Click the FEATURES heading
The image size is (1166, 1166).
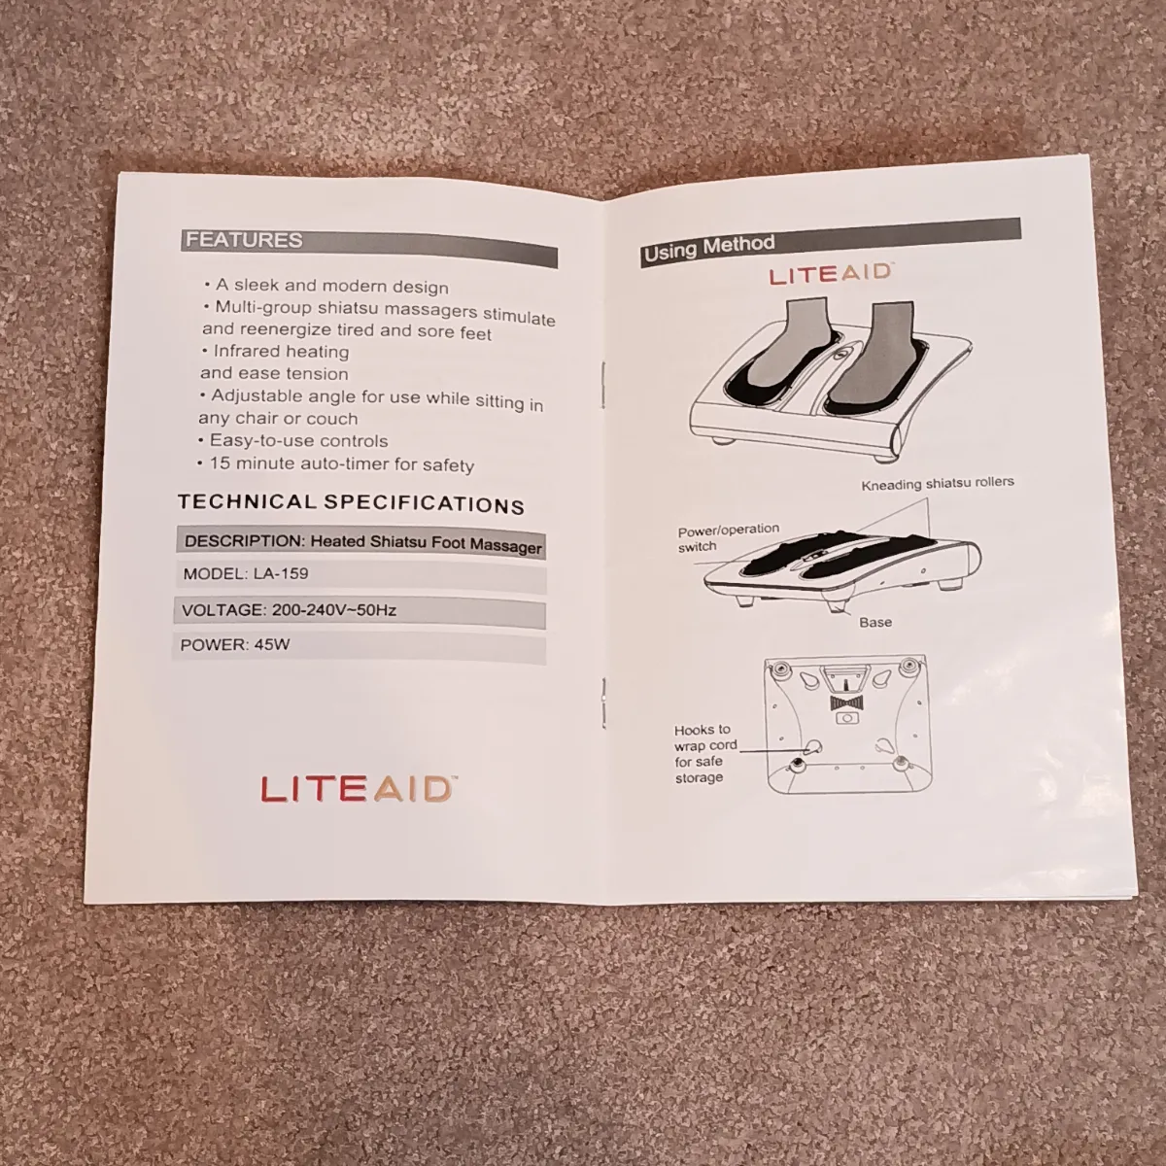(244, 240)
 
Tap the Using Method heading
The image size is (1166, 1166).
(709, 248)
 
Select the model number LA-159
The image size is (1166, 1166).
(281, 573)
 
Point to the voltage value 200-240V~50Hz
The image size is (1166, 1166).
(334, 610)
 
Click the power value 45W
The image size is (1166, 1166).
(272, 644)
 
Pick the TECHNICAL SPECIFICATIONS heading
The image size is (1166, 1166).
(351, 503)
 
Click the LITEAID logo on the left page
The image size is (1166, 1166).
(357, 790)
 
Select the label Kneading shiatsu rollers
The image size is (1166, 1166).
(938, 484)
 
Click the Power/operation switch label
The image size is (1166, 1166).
(727, 537)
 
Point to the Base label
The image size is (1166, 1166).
(874, 622)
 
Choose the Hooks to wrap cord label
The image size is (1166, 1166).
(705, 753)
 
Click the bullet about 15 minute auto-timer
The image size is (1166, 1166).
(336, 464)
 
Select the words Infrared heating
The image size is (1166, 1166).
(281, 351)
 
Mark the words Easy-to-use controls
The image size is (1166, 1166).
(298, 440)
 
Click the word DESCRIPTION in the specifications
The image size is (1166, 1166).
(245, 540)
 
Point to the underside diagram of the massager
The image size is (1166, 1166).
(846, 724)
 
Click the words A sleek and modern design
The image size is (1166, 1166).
(331, 286)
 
